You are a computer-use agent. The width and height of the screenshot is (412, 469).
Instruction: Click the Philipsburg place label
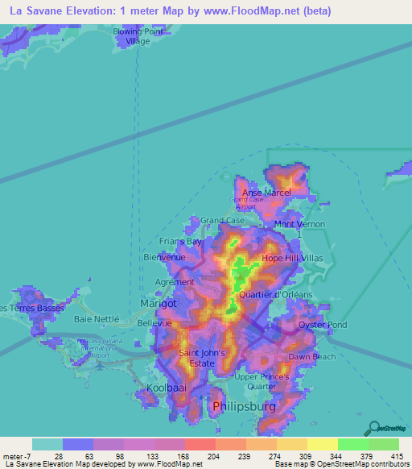[243, 408]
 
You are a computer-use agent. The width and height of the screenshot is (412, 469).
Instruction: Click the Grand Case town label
[223, 220]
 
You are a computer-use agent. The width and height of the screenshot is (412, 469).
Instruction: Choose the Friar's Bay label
[179, 241]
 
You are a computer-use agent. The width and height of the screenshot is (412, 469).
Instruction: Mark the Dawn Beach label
[312, 356]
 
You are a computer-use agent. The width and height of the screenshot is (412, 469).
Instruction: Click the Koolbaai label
[167, 389]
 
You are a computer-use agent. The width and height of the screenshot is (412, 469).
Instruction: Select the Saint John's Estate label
[196, 358]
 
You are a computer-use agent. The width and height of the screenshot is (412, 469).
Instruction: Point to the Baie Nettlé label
[96, 318]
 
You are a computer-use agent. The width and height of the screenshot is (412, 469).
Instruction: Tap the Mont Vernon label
[299, 224]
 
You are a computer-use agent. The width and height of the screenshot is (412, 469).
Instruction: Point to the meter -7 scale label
[16, 456]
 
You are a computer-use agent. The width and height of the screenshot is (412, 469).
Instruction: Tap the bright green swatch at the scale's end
[384, 444]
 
